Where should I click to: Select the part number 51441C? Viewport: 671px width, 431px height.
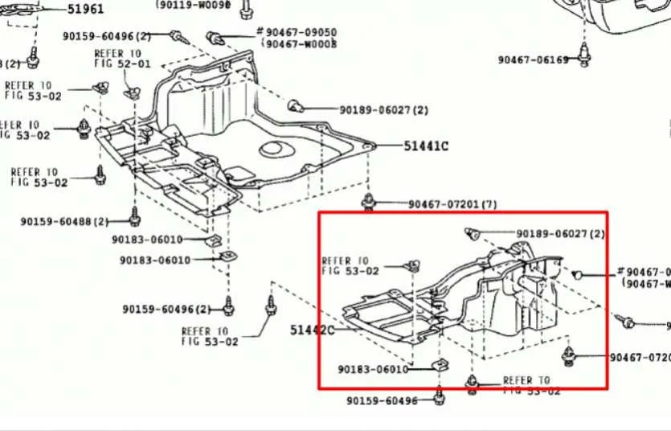pyautogui.click(x=426, y=146)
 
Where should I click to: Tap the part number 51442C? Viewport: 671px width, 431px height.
pyautogui.click(x=312, y=330)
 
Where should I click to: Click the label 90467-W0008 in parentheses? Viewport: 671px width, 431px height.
pyautogui.click(x=301, y=44)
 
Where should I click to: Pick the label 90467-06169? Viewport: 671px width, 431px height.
pyautogui.click(x=533, y=60)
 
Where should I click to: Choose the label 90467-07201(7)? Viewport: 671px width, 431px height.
pyautogui.click(x=452, y=204)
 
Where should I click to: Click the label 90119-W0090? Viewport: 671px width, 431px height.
pyautogui.click(x=194, y=4)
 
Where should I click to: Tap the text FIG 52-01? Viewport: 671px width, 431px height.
pyautogui.click(x=121, y=64)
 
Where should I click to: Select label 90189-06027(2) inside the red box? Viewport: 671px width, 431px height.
pyautogui.click(x=560, y=233)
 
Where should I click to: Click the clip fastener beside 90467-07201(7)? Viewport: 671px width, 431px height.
pyautogui.click(x=369, y=200)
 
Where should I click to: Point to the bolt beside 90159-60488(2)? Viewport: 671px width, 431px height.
pyautogui.click(x=135, y=216)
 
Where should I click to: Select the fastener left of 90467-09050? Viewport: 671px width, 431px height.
pyautogui.click(x=215, y=38)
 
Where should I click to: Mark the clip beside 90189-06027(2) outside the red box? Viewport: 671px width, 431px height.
pyautogui.click(x=295, y=105)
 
